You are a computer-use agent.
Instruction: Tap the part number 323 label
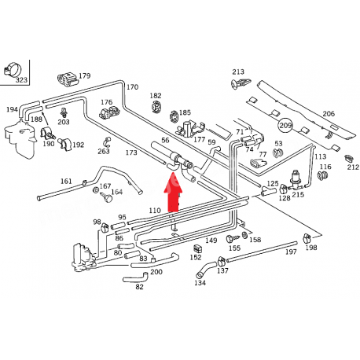click(x=21, y=79)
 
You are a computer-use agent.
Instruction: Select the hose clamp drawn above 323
click(x=12, y=69)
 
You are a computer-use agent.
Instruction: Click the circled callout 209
click(x=285, y=125)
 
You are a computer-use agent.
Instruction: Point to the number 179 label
click(x=84, y=75)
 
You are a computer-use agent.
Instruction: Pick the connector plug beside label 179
click(x=68, y=79)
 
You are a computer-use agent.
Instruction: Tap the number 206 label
click(x=329, y=113)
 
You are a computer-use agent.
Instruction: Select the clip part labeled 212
click(x=348, y=159)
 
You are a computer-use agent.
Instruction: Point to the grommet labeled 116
click(x=321, y=176)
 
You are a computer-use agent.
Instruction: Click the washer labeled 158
click(x=245, y=235)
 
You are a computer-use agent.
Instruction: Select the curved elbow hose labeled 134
click(x=206, y=270)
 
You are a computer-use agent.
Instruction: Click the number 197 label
click(x=291, y=252)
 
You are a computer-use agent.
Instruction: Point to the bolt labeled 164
click(x=106, y=197)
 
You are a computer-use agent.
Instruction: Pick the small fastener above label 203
click(x=63, y=112)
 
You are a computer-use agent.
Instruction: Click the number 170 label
click(x=132, y=86)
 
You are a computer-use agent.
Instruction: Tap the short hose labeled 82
click(x=136, y=277)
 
